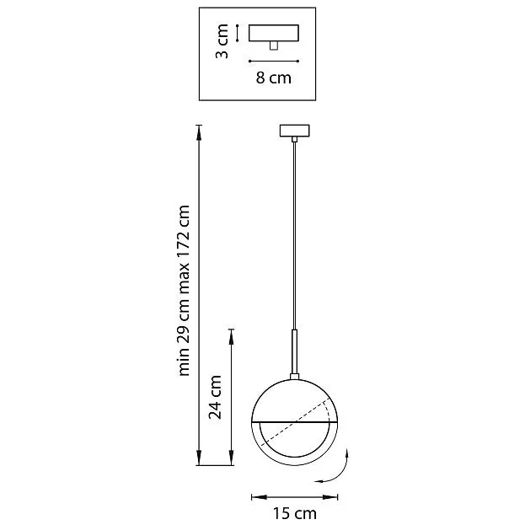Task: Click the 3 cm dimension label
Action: point(222,41)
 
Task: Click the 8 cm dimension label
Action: point(274,78)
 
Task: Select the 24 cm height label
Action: point(215,397)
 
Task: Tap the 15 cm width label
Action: point(294,513)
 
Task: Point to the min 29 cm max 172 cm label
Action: point(184,290)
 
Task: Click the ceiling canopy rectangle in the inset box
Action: point(274,33)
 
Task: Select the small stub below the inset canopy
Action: point(274,46)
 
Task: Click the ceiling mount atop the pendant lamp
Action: point(295,131)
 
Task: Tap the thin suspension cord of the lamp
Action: point(295,235)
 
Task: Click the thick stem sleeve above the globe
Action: point(295,351)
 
